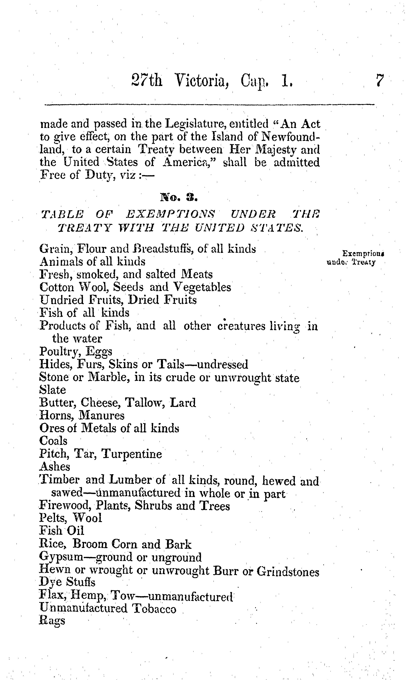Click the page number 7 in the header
pos(379,81)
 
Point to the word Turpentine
pos(132,454)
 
